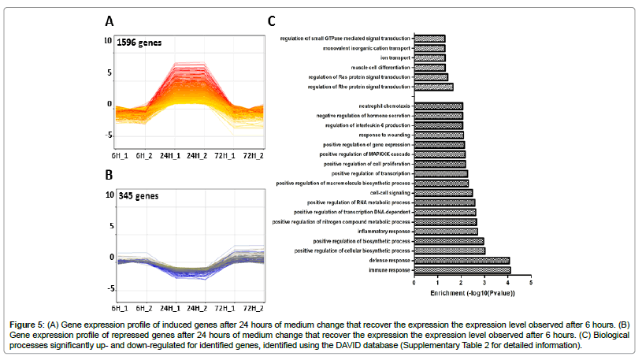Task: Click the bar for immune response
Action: pos(462,270)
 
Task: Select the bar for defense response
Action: pos(462,260)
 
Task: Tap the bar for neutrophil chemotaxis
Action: pos(438,106)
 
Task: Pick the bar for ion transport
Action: pos(429,58)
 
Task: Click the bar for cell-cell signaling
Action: pos(443,192)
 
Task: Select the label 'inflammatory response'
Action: pos(384,232)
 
